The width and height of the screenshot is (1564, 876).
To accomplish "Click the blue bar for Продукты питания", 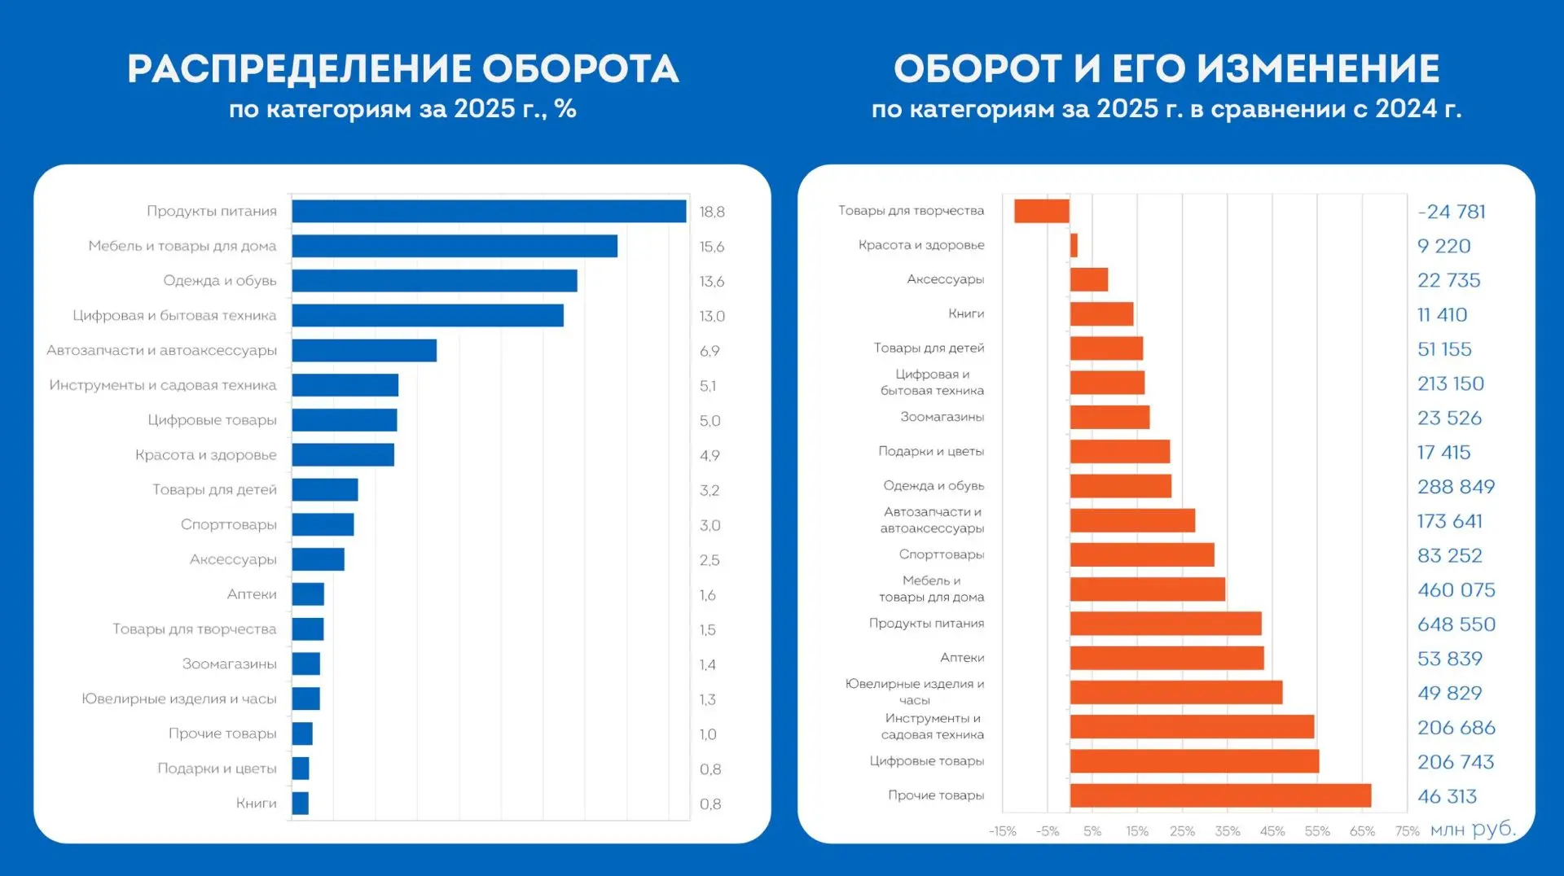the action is [489, 211].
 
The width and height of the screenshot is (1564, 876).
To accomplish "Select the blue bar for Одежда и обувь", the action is [434, 281].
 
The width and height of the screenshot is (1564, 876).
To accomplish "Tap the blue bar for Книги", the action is [300, 803].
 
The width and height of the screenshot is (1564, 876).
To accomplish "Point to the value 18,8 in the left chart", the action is [712, 212].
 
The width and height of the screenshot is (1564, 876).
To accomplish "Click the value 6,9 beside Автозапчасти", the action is [710, 351].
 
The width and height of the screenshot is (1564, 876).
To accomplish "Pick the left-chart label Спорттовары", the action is [229, 525].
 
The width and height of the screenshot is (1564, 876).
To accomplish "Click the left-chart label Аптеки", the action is [252, 594].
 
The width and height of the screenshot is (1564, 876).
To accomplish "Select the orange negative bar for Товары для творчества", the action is [1042, 211].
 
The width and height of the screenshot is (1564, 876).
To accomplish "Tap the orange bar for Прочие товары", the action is [1220, 795].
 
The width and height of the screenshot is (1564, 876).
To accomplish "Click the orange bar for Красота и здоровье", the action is [1074, 245].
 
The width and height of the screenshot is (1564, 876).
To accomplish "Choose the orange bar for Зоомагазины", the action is [1109, 417].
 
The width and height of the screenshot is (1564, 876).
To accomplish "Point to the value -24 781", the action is [1452, 212].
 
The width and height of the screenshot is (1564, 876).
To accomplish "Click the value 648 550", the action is [1456, 624].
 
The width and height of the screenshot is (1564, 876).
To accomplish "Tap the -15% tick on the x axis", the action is [1002, 831].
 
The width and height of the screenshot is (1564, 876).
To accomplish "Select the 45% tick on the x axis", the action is [1272, 831].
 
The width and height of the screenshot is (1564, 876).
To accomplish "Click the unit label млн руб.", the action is [1473, 830].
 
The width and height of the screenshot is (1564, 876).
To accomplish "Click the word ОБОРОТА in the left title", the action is [580, 69].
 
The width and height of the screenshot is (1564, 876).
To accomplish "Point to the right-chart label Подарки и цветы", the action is [931, 451].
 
